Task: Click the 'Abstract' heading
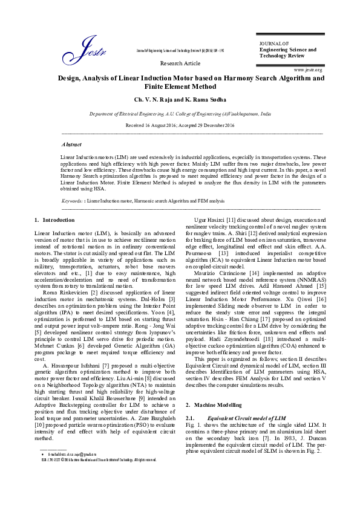73,145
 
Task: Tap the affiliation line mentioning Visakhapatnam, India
179,113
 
